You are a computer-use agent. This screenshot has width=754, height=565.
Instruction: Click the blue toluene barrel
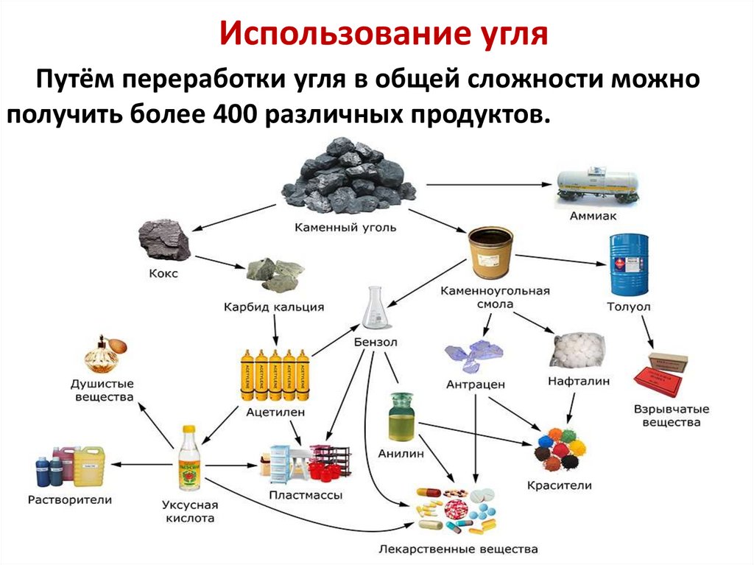[x=628, y=264]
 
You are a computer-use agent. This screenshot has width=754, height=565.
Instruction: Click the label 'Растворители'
[x=70, y=499]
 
